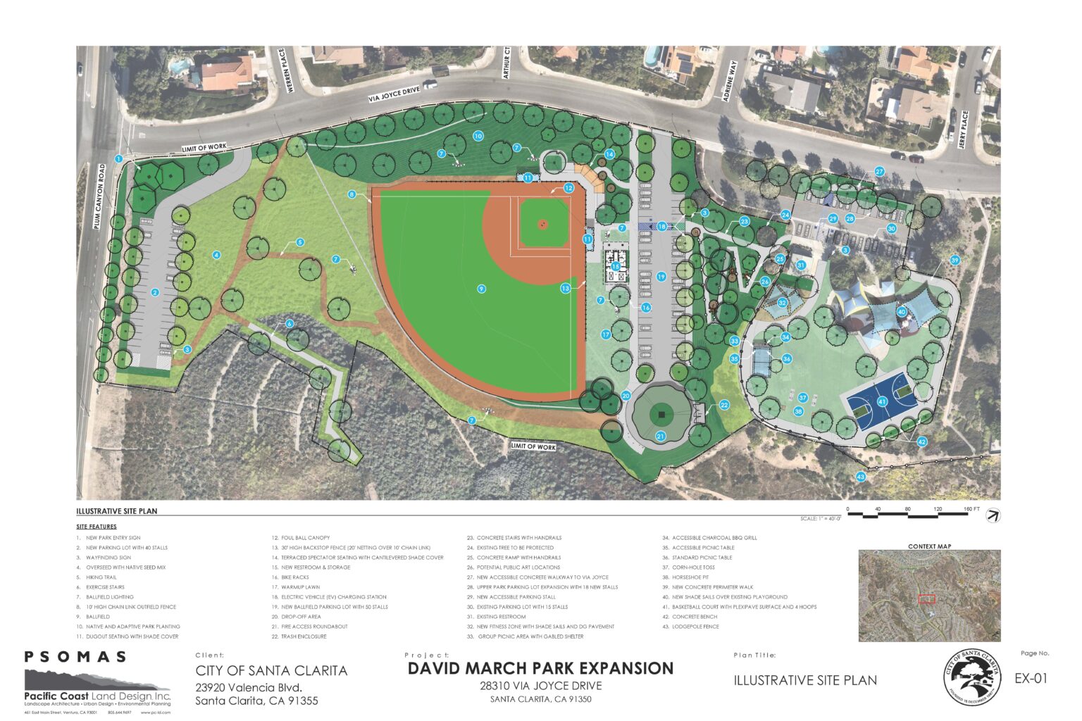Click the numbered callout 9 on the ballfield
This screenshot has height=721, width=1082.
coord(481,288)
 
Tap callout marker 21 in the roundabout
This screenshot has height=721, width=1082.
coord(661,437)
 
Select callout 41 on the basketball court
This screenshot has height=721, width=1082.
coord(882,402)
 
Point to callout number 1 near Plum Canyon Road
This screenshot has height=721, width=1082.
coord(119,159)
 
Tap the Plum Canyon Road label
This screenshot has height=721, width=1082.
coord(101,196)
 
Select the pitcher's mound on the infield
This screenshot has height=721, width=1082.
coord(542,224)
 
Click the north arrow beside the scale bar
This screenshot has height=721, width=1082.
coord(993,515)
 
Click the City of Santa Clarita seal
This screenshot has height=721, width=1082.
coord(972,677)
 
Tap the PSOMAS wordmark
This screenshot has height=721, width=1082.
coord(75,657)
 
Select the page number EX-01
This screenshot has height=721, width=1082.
coord(1031,679)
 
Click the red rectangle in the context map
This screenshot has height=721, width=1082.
coord(926,598)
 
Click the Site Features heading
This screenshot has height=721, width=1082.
coord(97,527)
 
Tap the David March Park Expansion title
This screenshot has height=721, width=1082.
coord(540,668)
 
